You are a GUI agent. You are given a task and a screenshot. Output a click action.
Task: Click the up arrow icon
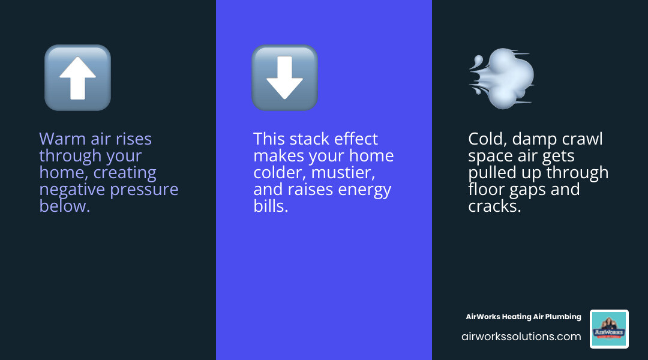pyautogui.click(x=77, y=78)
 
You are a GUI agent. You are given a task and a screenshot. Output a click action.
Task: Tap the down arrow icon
pyautogui.click(x=284, y=78)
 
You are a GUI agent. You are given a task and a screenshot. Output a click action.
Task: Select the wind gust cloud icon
pyautogui.click(x=502, y=78)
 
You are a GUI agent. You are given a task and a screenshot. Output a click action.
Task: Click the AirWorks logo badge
pyautogui.click(x=609, y=329)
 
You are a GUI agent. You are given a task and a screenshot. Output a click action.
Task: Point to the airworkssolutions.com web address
pyautogui.click(x=521, y=337)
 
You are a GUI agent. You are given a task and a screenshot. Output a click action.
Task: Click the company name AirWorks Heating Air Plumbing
pyautogui.click(x=523, y=317)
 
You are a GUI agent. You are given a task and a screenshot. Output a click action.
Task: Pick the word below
pyautogui.click(x=64, y=206)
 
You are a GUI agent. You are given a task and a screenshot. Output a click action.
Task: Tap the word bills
pyautogui.click(x=271, y=206)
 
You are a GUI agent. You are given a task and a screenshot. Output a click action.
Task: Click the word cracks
pyautogui.click(x=494, y=206)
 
